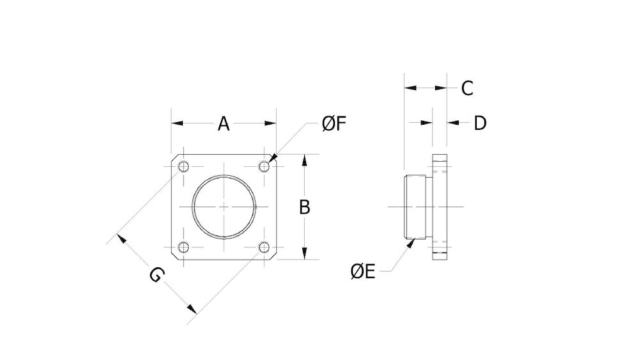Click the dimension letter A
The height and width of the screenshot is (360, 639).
[x=223, y=123]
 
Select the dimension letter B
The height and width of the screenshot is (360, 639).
[x=305, y=207]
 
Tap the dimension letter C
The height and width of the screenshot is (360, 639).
[x=467, y=88]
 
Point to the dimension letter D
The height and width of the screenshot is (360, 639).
[x=480, y=123]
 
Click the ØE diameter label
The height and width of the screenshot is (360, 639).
[x=362, y=272]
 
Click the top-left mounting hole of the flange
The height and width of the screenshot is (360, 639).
[x=183, y=167]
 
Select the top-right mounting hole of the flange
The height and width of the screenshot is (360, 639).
[x=264, y=167]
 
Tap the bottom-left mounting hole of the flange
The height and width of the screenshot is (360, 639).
[x=183, y=247]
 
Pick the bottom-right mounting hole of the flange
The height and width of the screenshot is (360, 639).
[x=264, y=247]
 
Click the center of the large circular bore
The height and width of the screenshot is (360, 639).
[x=224, y=207]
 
